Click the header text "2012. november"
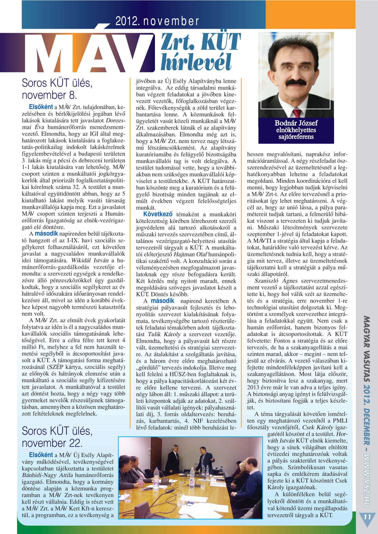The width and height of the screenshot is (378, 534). pyautogui.click(x=157, y=21)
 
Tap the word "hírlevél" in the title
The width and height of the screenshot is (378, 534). pyautogui.click(x=196, y=62)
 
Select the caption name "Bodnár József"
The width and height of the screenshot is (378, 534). pyautogui.click(x=296, y=123)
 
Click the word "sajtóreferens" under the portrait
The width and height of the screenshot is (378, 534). pyautogui.click(x=296, y=137)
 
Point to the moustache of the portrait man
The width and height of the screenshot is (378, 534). pyautogui.click(x=296, y=82)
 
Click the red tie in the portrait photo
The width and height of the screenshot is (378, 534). pyautogui.click(x=297, y=113)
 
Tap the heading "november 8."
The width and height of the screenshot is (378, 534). pyautogui.click(x=49, y=95)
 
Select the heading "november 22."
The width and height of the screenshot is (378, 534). pyautogui.click(x=52, y=443)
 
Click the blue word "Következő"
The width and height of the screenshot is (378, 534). pyautogui.click(x=158, y=214)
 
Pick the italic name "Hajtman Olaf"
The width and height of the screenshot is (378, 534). pyautogui.click(x=190, y=254)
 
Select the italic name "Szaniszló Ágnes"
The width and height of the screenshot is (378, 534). pyautogui.click(x=276, y=281)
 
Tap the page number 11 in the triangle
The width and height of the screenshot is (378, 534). pyautogui.click(x=367, y=517)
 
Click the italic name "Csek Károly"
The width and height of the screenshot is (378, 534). pyautogui.click(x=318, y=427)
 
